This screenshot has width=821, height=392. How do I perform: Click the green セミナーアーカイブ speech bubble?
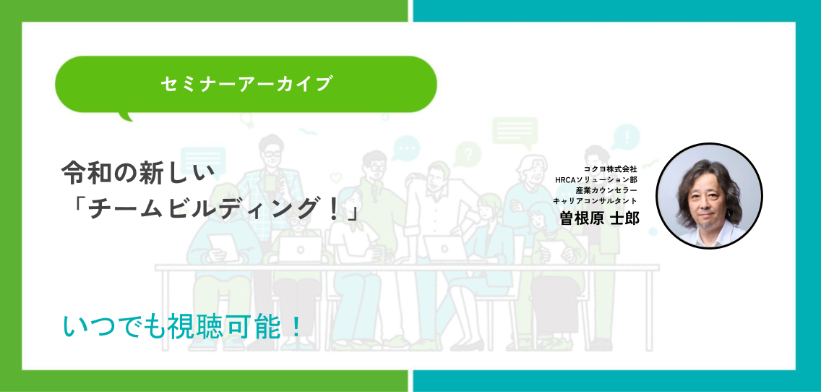[246, 85]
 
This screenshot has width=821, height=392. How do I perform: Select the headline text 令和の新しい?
[138, 173]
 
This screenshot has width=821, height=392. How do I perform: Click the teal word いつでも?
[113, 326]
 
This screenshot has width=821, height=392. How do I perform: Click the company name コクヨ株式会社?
[610, 169]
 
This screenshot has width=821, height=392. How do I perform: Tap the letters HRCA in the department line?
[565, 180]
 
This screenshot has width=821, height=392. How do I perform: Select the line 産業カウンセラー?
[606, 190]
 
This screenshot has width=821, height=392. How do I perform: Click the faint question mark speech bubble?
[468, 154]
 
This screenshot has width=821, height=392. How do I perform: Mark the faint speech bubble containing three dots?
[406, 148]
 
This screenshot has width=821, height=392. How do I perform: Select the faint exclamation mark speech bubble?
[625, 137]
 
